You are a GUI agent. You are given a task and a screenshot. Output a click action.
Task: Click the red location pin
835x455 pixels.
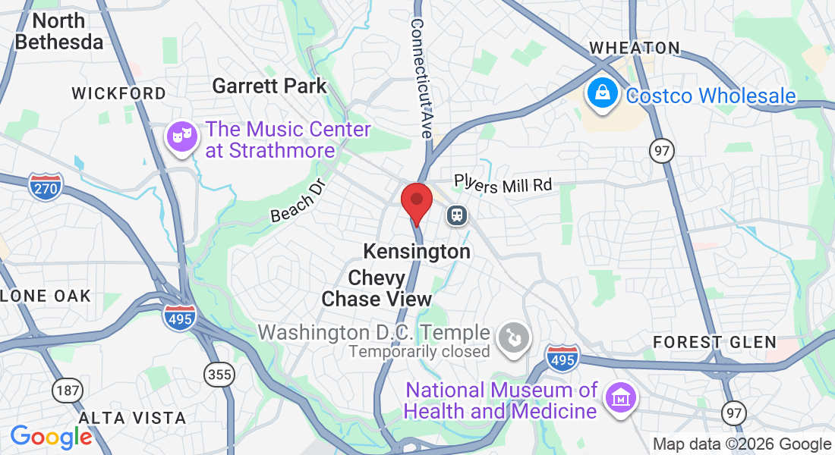coord(416,201)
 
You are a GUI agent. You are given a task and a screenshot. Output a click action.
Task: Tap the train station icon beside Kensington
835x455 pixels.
coord(457,215)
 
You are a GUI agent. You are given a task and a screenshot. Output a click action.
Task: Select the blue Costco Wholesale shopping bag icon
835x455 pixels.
coord(601,94)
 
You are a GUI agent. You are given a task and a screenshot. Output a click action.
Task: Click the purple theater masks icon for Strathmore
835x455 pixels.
coord(181,136)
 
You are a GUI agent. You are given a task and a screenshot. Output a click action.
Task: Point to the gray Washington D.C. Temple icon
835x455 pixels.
coord(513,338)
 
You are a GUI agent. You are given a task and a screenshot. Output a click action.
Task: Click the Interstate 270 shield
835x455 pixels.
coord(46,186)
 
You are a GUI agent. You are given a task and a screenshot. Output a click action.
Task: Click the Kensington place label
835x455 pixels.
coord(417,251)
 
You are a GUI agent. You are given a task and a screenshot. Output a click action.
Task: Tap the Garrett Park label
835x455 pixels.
coord(269,86)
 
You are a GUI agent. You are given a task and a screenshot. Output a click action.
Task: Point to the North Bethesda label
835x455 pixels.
coord(58,31)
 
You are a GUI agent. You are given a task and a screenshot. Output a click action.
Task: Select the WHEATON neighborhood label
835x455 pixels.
coord(635,48)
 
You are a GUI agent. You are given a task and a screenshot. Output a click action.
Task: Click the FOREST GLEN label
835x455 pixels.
coord(715,342)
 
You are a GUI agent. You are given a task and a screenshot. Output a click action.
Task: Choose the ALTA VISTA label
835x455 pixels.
coord(132,418)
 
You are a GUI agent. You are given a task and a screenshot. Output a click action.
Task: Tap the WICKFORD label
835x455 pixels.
coord(118,93)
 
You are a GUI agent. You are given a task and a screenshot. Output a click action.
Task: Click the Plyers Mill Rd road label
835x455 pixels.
coord(503,183)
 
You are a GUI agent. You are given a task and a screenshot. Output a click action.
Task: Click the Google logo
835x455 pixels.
coord(51,437)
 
